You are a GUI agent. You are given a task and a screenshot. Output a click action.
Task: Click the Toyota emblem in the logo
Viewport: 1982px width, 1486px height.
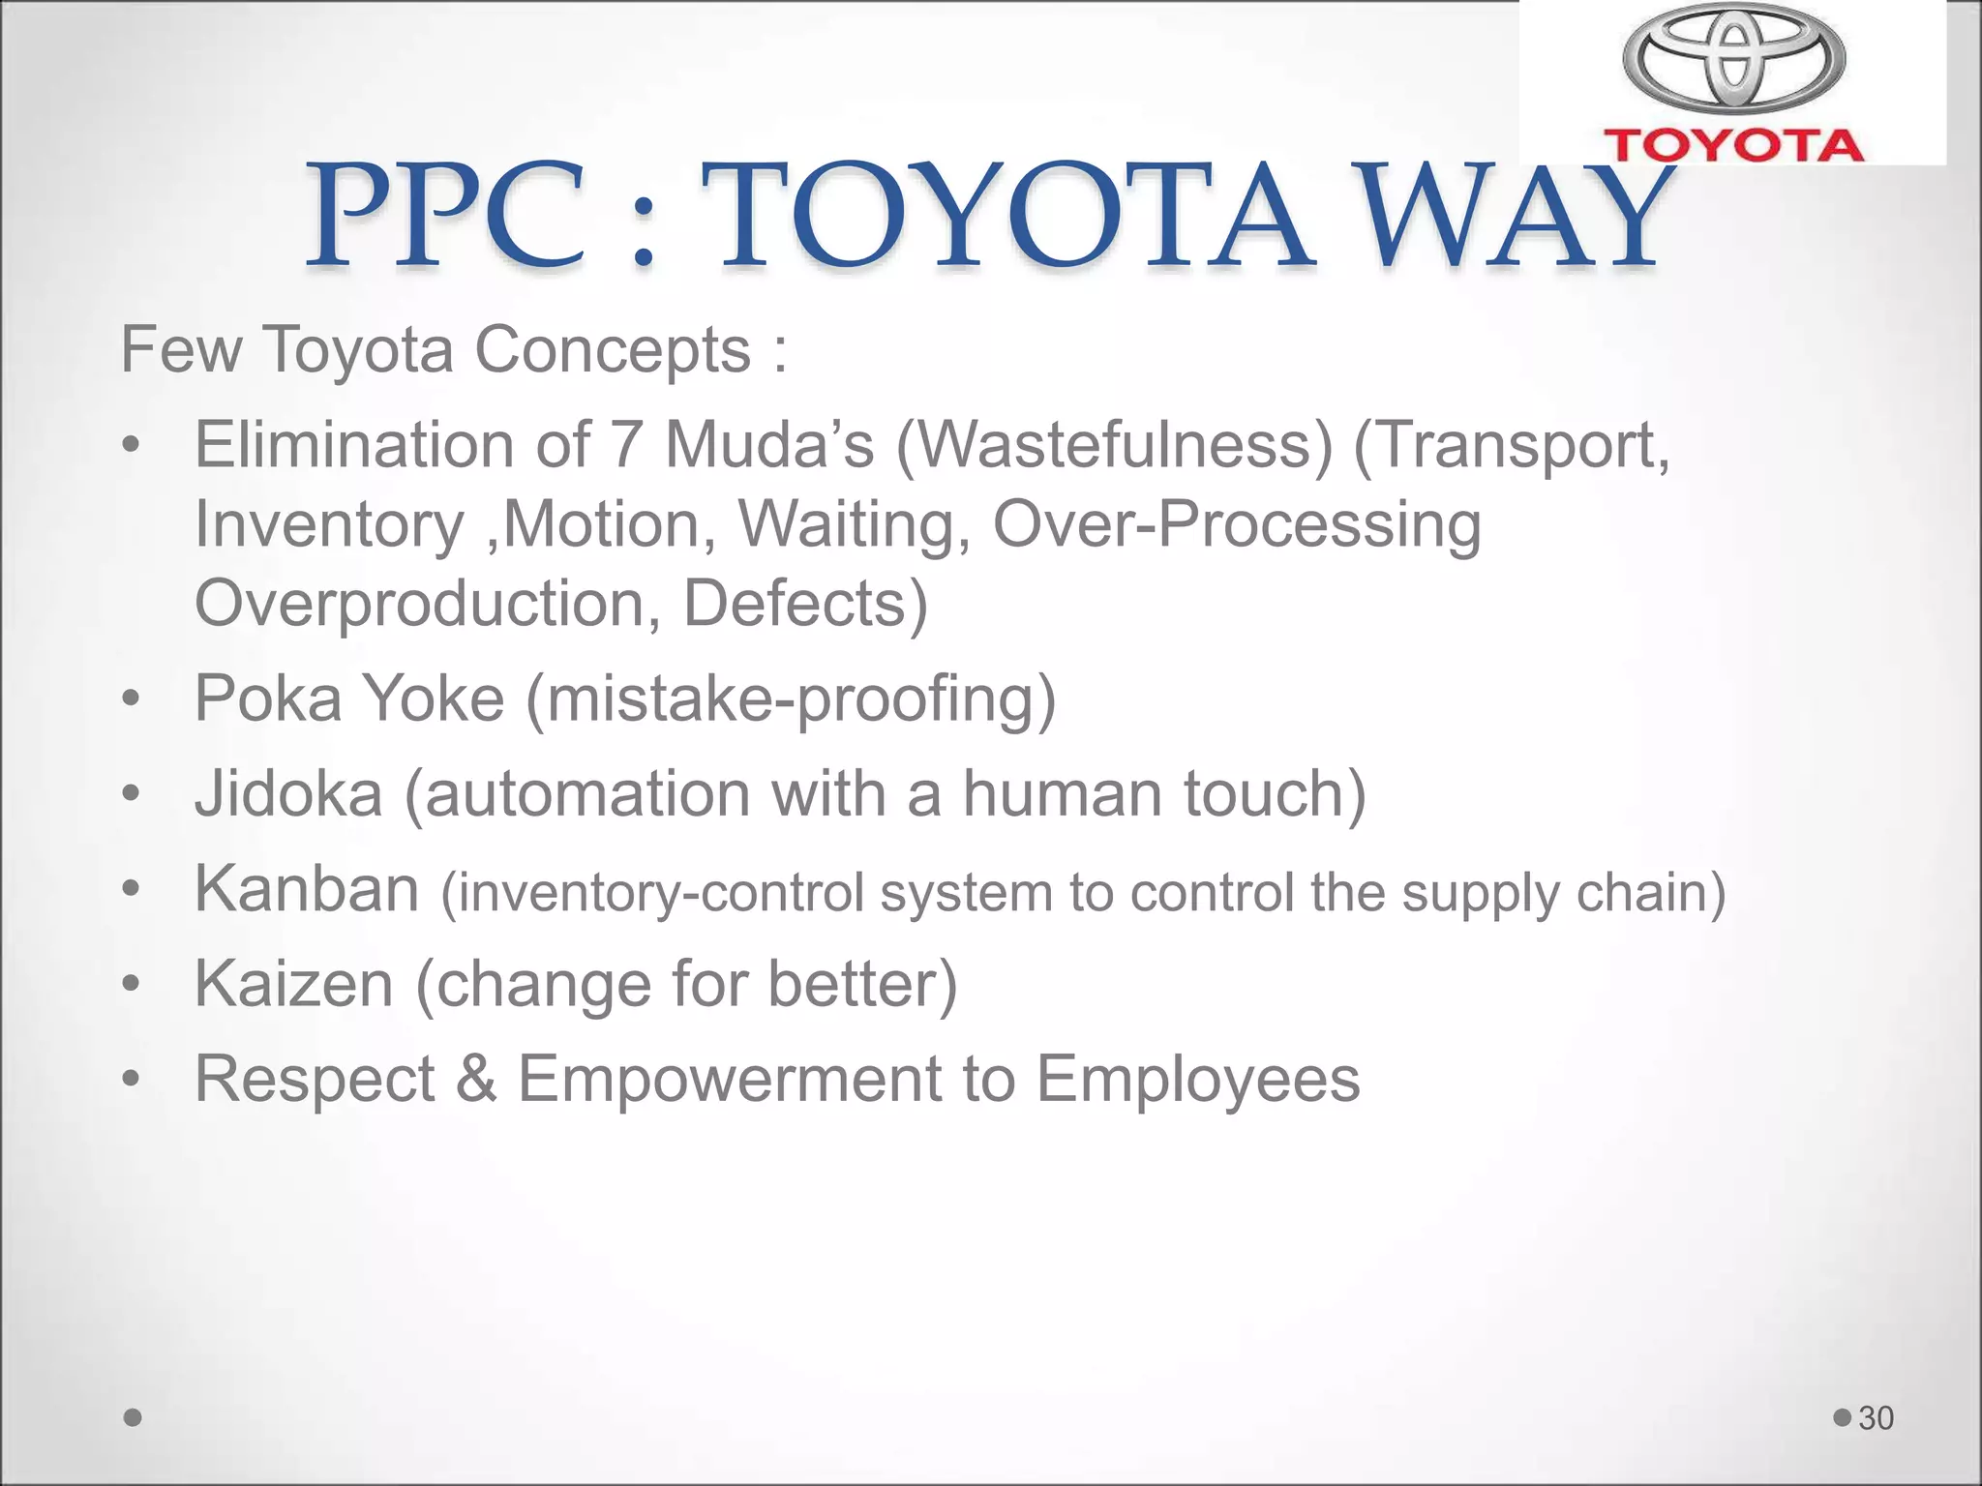coord(1733,56)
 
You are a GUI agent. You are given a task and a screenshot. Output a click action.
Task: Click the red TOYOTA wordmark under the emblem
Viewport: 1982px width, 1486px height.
coord(1733,145)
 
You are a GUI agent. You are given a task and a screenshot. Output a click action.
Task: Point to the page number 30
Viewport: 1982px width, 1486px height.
coord(1876,1418)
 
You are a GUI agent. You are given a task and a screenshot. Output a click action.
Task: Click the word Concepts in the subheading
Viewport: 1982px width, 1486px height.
coord(613,349)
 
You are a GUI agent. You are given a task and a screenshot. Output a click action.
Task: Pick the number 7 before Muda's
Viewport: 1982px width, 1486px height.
coord(626,445)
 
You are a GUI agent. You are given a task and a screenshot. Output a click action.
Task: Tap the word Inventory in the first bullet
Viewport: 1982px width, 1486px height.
coord(329,526)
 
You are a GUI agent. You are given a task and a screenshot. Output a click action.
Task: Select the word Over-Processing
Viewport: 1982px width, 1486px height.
coord(1236,525)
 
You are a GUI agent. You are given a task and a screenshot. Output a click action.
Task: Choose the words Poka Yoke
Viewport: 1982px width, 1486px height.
coord(349,698)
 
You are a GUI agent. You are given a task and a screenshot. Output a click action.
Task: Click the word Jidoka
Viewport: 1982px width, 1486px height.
coord(288,793)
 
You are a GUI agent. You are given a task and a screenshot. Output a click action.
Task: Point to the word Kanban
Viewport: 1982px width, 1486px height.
coord(307,888)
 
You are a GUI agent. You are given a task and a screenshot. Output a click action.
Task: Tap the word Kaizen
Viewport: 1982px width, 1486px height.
coord(294,984)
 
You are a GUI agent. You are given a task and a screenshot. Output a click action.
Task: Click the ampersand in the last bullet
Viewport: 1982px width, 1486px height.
coord(475,1079)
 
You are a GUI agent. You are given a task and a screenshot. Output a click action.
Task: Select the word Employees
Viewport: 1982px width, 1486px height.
coord(1197,1079)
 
